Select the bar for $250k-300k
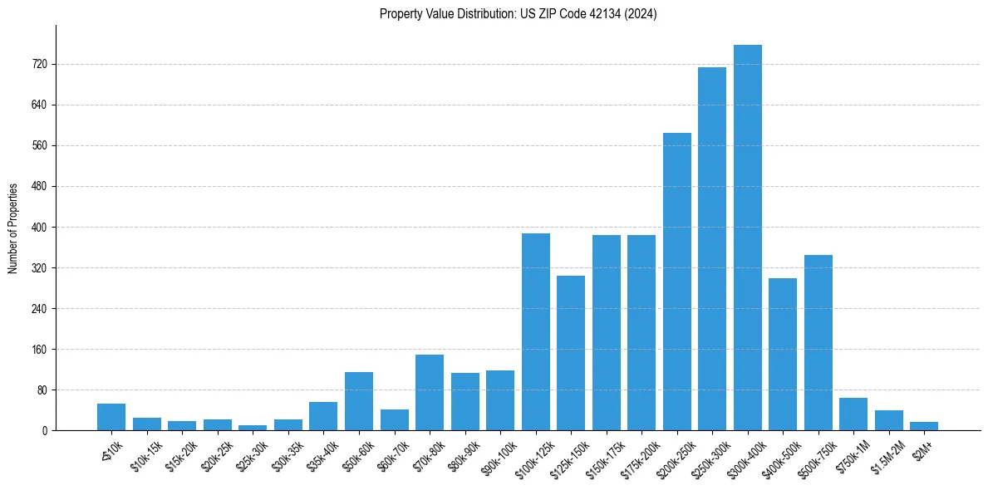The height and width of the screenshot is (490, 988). (x=712, y=249)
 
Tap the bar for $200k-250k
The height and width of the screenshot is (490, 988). (x=677, y=282)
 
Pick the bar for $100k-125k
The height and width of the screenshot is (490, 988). (x=536, y=332)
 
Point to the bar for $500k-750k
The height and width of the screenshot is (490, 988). (x=818, y=343)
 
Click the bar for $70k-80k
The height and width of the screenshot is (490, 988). (x=430, y=393)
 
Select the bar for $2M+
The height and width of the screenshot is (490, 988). (x=924, y=426)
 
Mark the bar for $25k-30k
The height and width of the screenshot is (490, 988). (x=253, y=428)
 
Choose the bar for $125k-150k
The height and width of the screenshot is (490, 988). (x=571, y=353)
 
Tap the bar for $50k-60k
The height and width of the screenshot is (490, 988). (x=359, y=401)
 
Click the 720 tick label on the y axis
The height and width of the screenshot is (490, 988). (x=39, y=65)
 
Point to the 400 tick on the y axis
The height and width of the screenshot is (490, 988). (x=39, y=228)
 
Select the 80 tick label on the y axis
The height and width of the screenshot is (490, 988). (x=42, y=390)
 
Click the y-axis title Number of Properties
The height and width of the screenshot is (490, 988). (x=12, y=228)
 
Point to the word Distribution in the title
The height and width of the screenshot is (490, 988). (x=464, y=14)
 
